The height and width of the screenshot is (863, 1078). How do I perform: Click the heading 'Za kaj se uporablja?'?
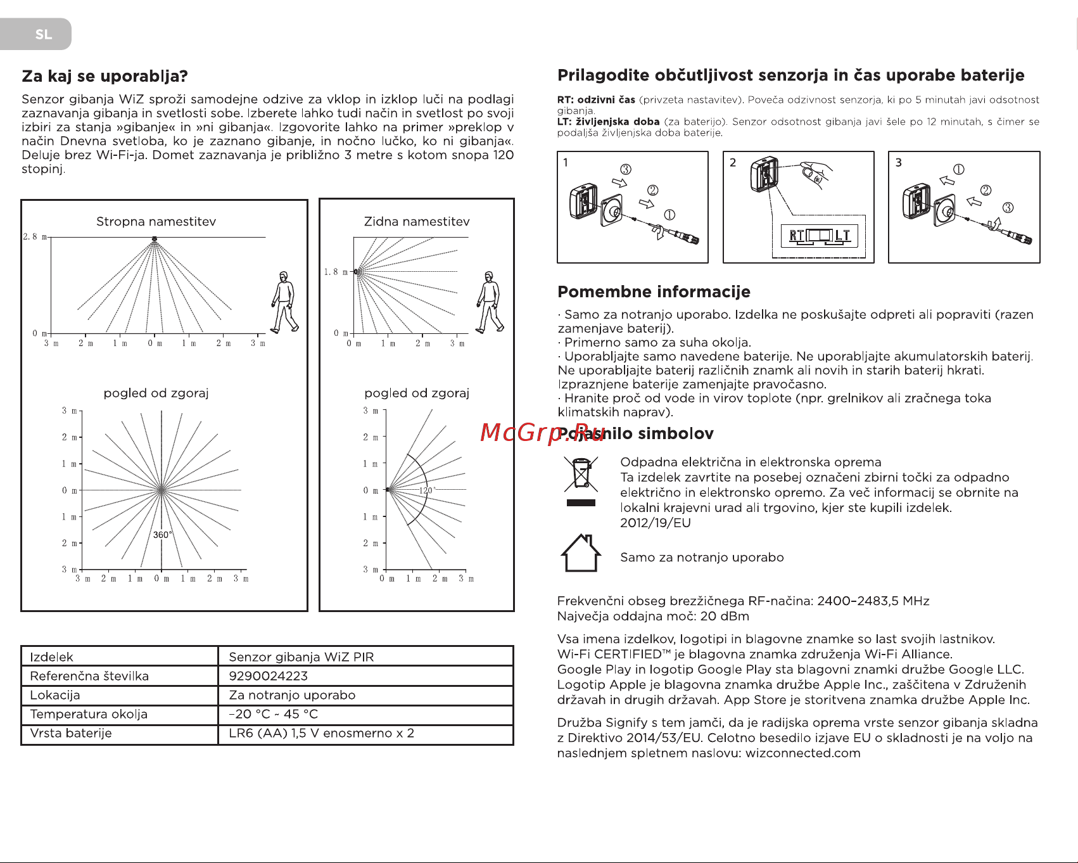pos(105,77)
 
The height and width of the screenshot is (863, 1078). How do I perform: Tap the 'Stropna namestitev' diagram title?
pos(156,222)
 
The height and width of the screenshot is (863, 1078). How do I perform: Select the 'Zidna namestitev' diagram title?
pos(417,222)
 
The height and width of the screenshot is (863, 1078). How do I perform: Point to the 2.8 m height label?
pos(35,237)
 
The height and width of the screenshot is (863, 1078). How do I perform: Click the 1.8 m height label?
pos(336,272)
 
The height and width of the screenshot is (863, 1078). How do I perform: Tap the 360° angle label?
pos(162,535)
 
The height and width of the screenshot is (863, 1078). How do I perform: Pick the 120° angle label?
pos(426,490)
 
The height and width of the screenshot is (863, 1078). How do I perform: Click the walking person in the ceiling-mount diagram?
pos(285,302)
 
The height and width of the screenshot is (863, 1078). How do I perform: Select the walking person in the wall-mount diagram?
pos(490,302)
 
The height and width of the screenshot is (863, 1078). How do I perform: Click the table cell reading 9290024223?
pos(269,676)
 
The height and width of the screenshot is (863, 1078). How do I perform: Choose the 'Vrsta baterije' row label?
pos(71,733)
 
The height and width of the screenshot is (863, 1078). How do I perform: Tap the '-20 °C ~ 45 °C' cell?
pos(274,714)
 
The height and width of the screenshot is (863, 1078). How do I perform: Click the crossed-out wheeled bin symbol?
pos(581,475)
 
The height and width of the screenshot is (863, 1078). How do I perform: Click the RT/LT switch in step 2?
pos(820,236)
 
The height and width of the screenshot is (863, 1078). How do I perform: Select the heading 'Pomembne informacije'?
pos(654,292)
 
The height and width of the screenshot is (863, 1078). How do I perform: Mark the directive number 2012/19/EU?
pos(656,523)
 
